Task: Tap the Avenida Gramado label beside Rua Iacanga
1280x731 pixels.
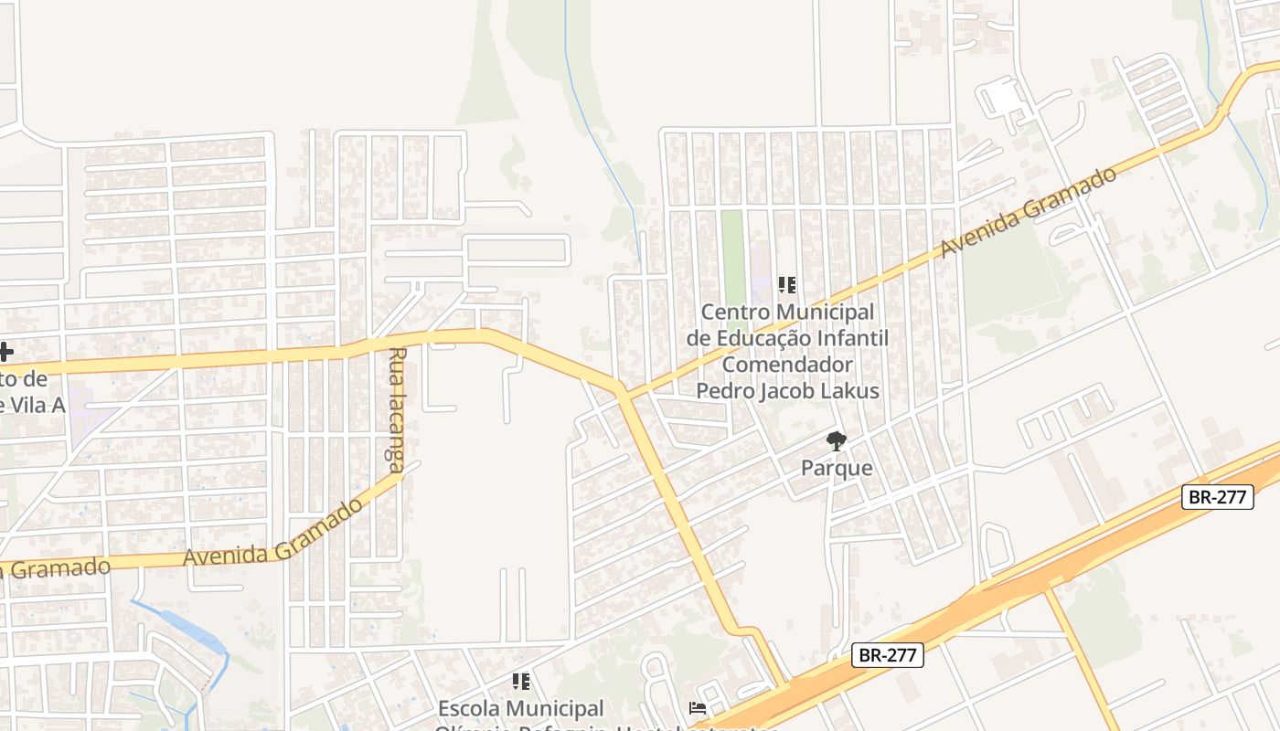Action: coord(273,533)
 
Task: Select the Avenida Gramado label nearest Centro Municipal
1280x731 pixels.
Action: coord(1028,212)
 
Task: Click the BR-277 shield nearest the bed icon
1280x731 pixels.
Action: coord(888,655)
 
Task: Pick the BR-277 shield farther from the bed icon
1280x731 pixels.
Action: coord(1218,497)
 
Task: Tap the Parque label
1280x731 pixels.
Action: coord(837,469)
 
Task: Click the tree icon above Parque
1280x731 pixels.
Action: coord(836,442)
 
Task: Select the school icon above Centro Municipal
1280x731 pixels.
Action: coord(787,285)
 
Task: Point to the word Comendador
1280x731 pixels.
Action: coord(787,365)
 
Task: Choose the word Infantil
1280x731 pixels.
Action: coord(852,338)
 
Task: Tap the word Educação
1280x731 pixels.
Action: coord(763,338)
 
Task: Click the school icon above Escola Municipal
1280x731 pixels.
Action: coord(521,681)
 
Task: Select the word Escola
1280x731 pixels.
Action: coord(468,708)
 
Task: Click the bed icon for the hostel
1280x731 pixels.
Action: coord(698,708)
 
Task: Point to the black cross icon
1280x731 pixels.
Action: coord(5,351)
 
